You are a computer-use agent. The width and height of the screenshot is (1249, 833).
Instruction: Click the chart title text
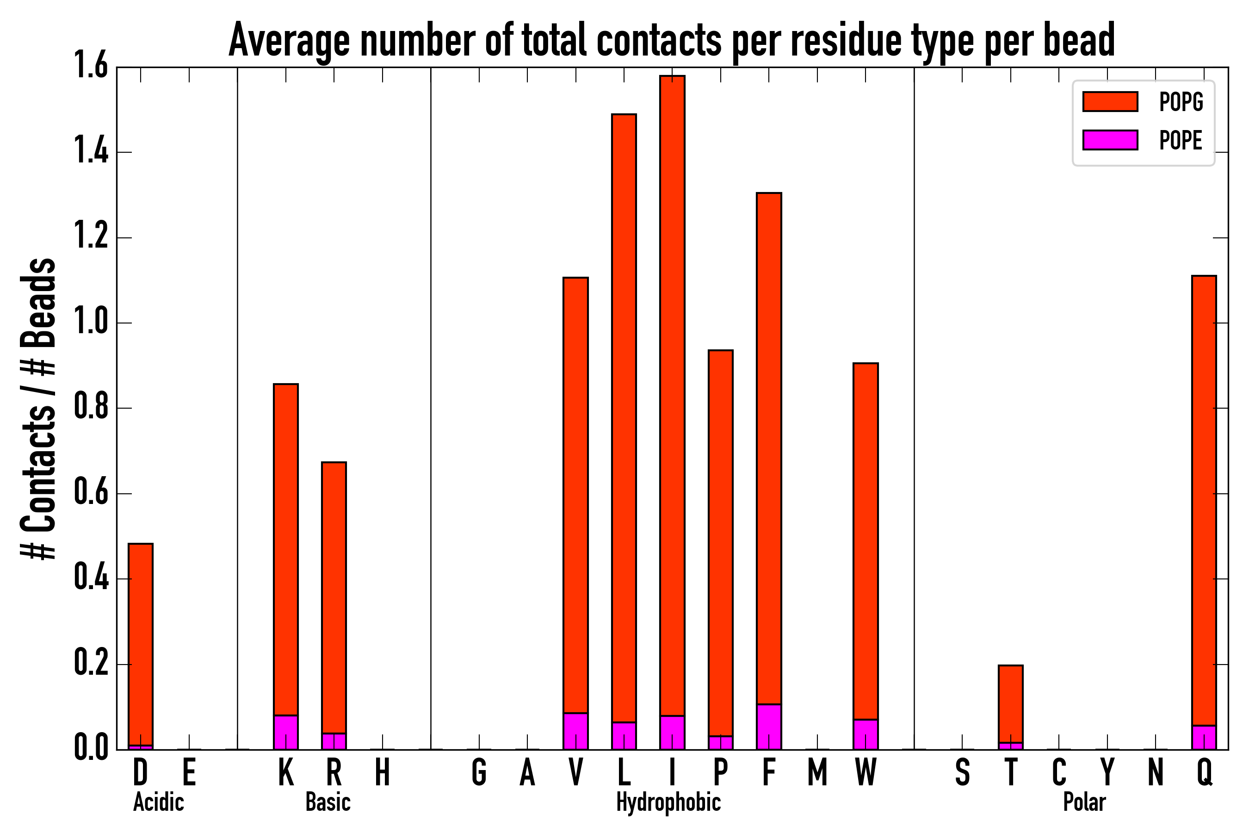pyautogui.click(x=671, y=40)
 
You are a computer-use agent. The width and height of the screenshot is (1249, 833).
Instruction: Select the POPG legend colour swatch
pyautogui.click(x=1110, y=101)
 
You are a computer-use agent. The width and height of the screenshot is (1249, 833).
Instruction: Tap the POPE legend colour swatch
pyautogui.click(x=1110, y=140)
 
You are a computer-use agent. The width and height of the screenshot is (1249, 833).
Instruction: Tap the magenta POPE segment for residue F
pyautogui.click(x=769, y=726)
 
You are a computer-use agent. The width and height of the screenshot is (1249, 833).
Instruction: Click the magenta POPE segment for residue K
pyautogui.click(x=286, y=732)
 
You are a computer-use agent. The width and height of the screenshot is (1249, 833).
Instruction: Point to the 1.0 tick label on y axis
pyautogui.click(x=91, y=323)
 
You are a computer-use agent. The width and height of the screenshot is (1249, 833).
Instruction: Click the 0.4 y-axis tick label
pyautogui.click(x=91, y=578)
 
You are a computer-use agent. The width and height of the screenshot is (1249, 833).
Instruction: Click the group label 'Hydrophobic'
pyautogui.click(x=668, y=802)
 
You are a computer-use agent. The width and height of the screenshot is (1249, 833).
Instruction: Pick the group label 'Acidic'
pyautogui.click(x=158, y=802)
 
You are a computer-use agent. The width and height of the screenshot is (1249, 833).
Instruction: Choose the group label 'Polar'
pyautogui.click(x=1084, y=802)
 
